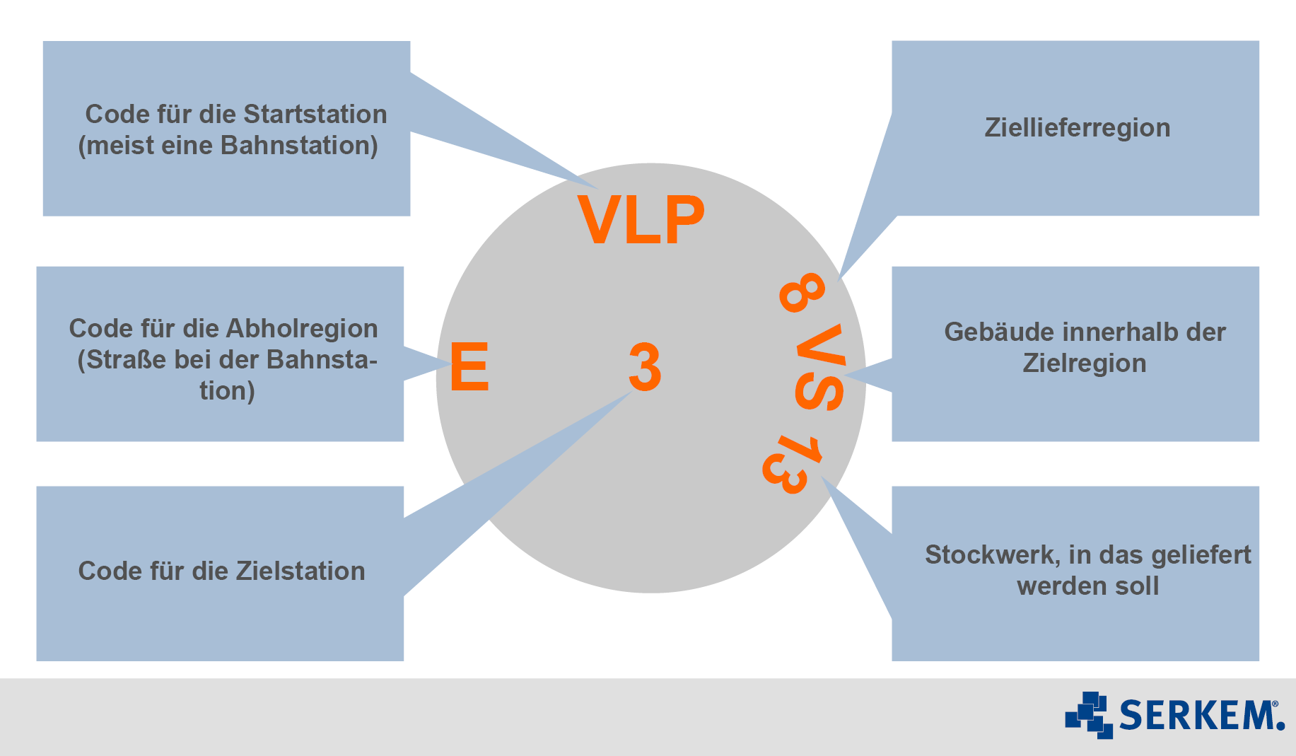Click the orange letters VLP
point(641,219)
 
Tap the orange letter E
point(469,366)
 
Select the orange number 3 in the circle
point(645,367)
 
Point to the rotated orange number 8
point(802,292)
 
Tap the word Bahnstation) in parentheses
point(299,145)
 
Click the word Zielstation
point(300,571)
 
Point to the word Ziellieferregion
point(1078,128)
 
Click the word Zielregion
point(1085,364)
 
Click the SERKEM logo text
point(1202,714)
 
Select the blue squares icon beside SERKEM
point(1089,715)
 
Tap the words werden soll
point(1088,586)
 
